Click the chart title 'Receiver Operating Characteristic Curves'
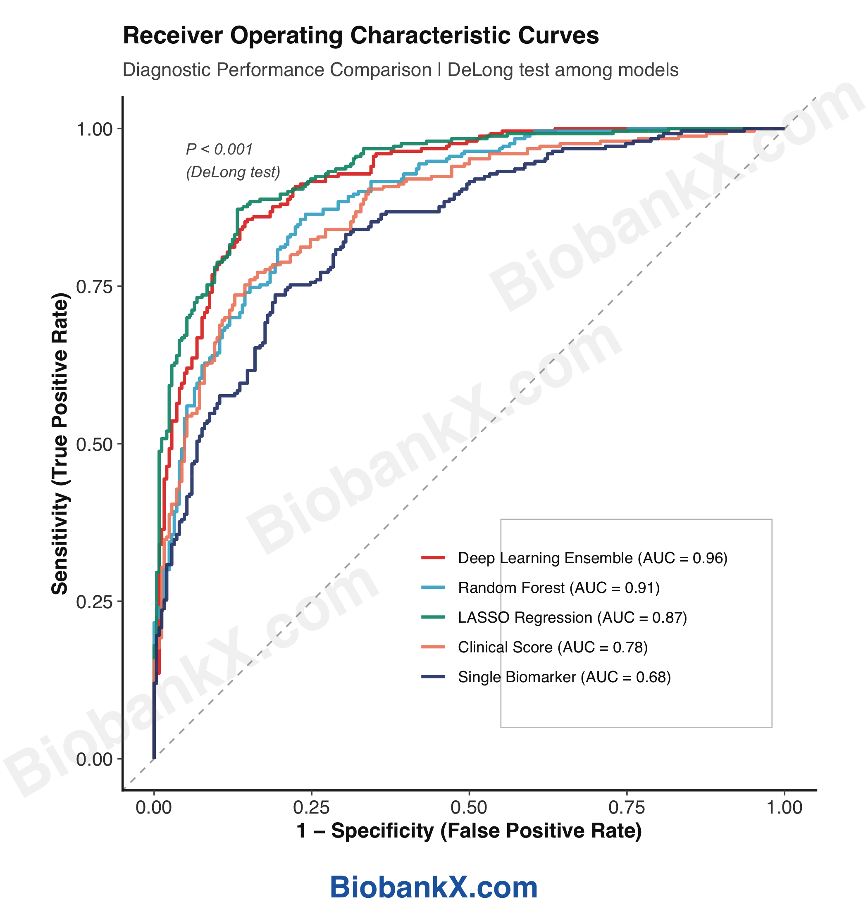coord(360,36)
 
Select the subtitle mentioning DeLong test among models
coord(400,70)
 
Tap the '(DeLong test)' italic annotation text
coord(233,172)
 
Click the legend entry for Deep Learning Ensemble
coord(592,558)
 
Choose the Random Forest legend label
coord(558,588)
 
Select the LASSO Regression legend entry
coord(572,618)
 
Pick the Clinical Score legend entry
coord(553,647)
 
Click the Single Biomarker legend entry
coord(564,677)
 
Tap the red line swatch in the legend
coord(433,558)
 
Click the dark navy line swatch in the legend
coord(433,677)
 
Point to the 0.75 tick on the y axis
coord(94,287)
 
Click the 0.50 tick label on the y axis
coord(94,444)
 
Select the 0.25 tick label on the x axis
coord(311,808)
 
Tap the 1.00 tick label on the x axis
coord(784,808)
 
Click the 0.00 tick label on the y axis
coord(94,759)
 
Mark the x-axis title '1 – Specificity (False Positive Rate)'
coord(469,831)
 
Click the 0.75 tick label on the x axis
coord(627,808)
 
